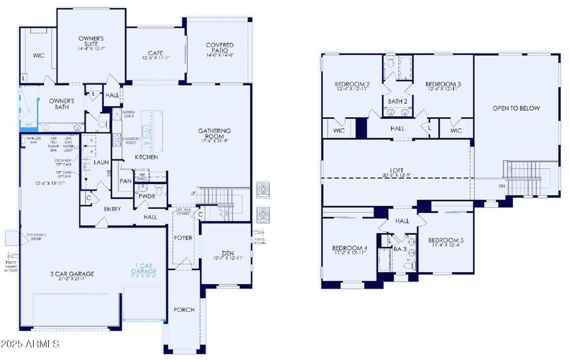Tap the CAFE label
click(155, 53)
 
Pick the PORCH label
click(184, 310)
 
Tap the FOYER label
click(183, 237)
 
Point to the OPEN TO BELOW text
click(516, 108)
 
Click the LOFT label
click(397, 170)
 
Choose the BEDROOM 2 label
click(352, 84)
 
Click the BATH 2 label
click(398, 101)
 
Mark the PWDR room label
click(146, 196)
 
